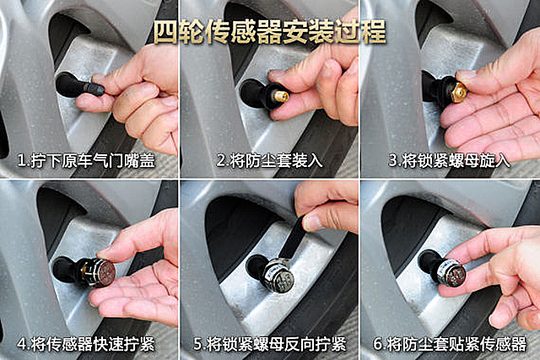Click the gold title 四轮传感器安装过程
270,33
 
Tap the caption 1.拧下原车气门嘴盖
86,161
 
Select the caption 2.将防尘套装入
270,161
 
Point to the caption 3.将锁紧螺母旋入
449,161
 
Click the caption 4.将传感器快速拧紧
86,344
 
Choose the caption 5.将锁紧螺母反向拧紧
270,344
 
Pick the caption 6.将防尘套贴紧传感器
450,344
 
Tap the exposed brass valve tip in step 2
281,96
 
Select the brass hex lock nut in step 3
460,90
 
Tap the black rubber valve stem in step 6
428,262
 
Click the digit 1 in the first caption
21,161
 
